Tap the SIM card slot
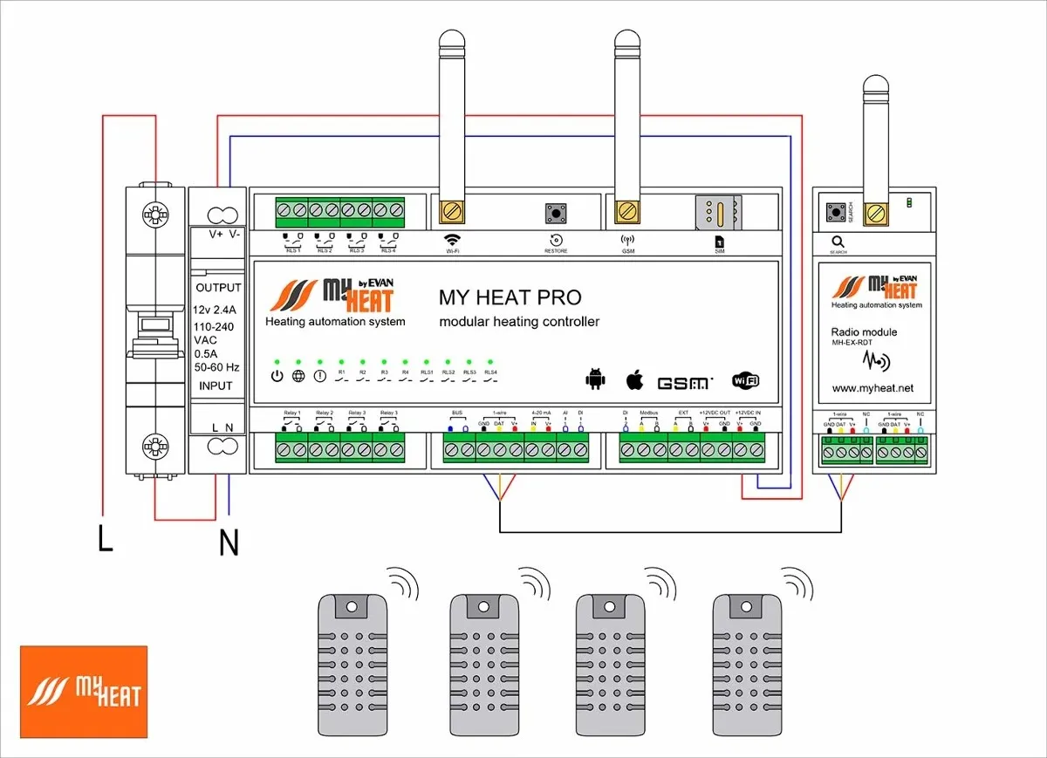click(x=715, y=212)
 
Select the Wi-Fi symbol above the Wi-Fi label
click(x=452, y=238)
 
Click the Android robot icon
click(x=595, y=379)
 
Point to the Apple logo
click(x=634, y=379)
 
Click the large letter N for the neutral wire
click(x=229, y=543)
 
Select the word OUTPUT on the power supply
click(x=219, y=288)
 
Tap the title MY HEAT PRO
click(x=510, y=297)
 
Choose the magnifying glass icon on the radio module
click(x=838, y=242)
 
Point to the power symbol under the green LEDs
click(x=277, y=376)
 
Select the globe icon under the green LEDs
click(x=298, y=376)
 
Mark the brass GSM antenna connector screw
click(x=625, y=211)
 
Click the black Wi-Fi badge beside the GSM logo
click(x=745, y=380)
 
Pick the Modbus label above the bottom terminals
click(x=648, y=412)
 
